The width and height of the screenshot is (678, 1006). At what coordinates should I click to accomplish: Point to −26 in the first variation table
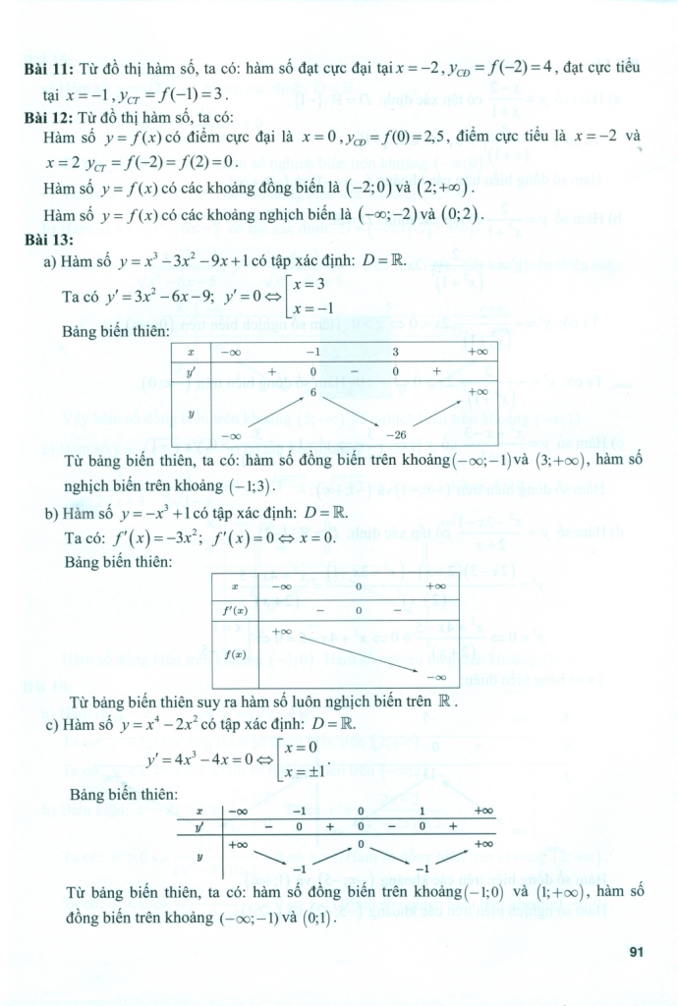point(396,433)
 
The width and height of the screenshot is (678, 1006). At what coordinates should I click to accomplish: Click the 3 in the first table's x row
point(396,351)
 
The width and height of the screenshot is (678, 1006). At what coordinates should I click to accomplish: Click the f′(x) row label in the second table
point(235,610)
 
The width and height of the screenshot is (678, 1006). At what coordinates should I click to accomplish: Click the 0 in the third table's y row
point(361,844)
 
